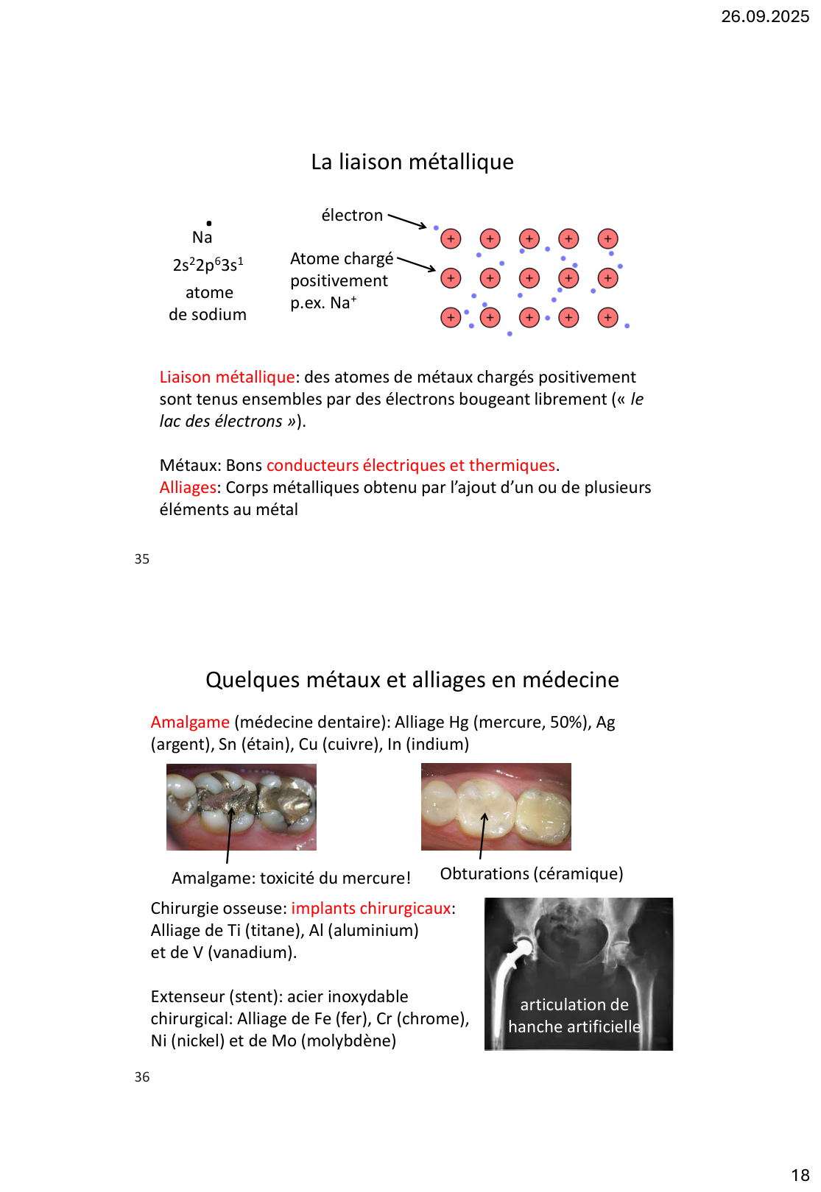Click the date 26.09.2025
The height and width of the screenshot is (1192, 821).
pos(764,16)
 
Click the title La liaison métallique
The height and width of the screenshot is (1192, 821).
pos(412,162)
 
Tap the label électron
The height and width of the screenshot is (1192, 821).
pos(352,215)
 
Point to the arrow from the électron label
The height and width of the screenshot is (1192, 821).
pos(407,221)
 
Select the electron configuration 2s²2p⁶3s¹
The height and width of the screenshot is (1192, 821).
pos(208,265)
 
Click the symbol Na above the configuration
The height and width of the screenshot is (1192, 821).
pos(202,237)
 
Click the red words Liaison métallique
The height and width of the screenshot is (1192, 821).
pos(227,377)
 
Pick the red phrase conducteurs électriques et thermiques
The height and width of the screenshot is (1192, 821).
pos(410,465)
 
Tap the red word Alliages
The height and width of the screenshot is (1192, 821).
pos(188,487)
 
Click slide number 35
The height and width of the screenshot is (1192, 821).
pos(142,559)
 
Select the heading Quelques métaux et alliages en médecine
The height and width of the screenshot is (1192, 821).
pos(412,679)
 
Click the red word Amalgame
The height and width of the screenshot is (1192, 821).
pos(190,722)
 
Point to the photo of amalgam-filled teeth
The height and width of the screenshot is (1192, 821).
pos(241,806)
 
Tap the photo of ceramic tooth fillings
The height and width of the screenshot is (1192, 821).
pos(496,806)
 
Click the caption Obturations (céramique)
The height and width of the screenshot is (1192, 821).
pos(531,873)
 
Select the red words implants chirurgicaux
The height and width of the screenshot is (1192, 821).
pos(370,908)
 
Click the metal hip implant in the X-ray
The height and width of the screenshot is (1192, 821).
pos(506,971)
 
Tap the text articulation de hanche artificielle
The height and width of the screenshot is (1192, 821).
pos(574,1015)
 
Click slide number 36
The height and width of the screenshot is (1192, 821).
pos(142,1077)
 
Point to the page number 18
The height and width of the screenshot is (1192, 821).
pos(800,1175)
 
